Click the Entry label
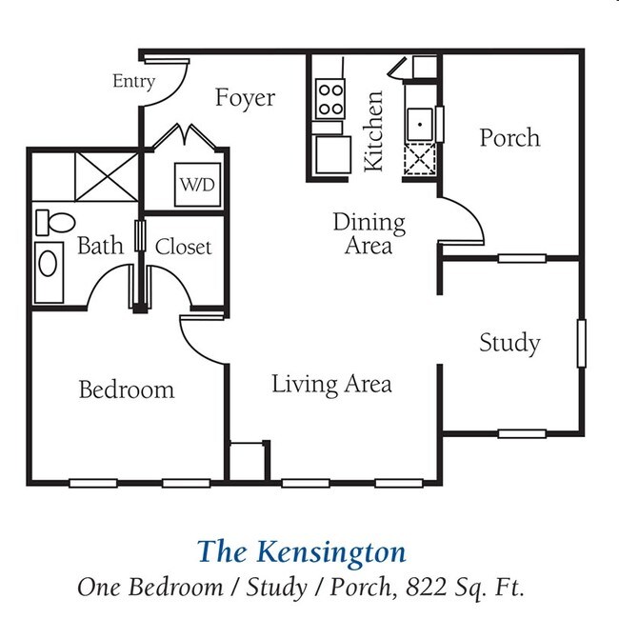[133, 82]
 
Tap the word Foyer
[245, 98]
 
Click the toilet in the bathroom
[55, 222]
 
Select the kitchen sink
[419, 125]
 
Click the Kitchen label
[374, 131]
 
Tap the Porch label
[509, 138]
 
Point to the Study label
[509, 343]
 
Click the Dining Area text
[369, 233]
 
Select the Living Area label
[331, 385]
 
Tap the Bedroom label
[127, 389]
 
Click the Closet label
[184, 248]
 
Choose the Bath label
[100, 247]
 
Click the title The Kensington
[301, 551]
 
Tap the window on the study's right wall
[581, 343]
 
